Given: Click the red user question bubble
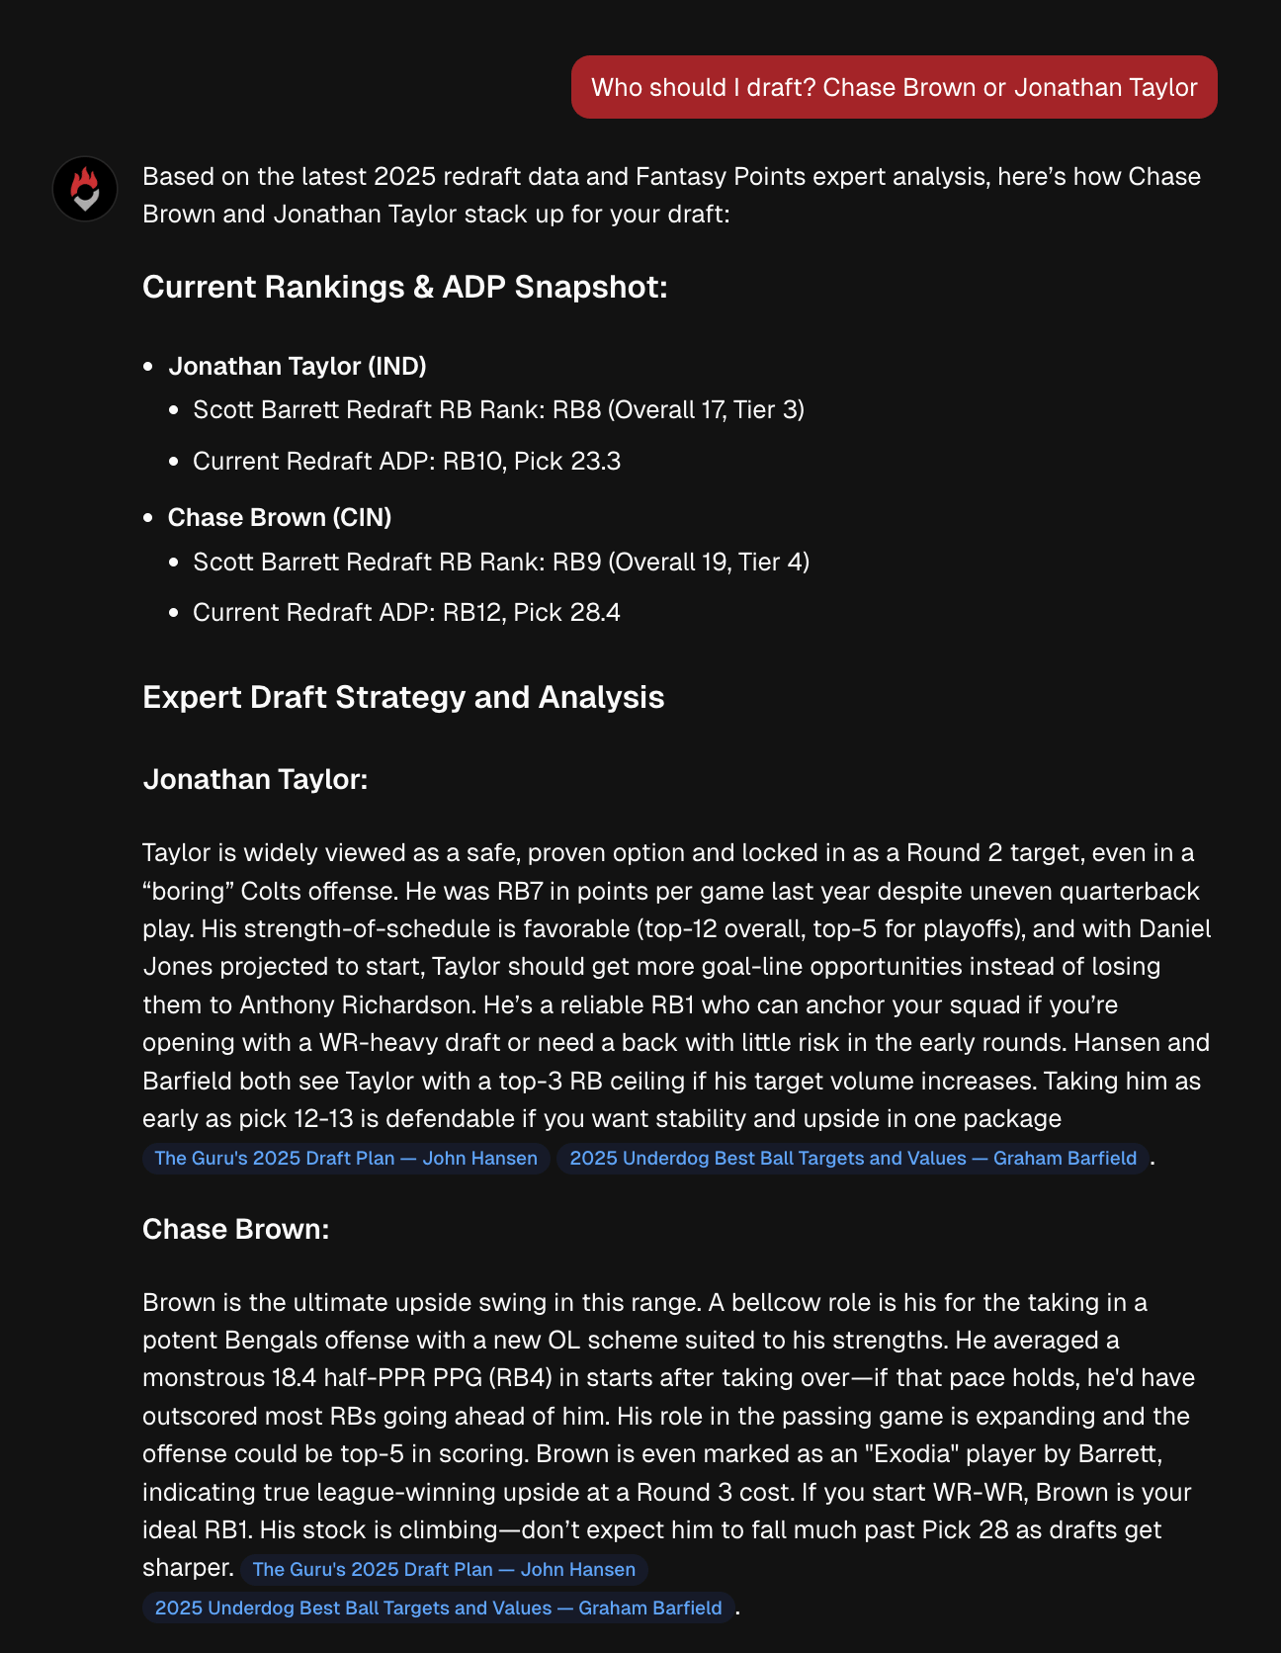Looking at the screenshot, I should pyautogui.click(x=894, y=87).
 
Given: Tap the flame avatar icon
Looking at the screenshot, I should pyautogui.click(x=85, y=188).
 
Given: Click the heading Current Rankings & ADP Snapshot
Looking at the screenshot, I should pyautogui.click(x=404, y=287).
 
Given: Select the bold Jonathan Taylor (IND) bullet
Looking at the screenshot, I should pyautogui.click(x=297, y=366).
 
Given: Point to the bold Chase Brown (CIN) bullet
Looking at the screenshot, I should pyautogui.click(x=279, y=517).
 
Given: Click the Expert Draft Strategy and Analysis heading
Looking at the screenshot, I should pyautogui.click(x=403, y=697).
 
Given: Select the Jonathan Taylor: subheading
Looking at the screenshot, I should pyautogui.click(x=255, y=779).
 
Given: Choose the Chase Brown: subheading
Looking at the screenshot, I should pyautogui.click(x=235, y=1229).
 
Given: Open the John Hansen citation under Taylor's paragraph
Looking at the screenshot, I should pyautogui.click(x=346, y=1158).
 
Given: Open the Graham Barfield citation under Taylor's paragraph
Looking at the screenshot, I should pyautogui.click(x=853, y=1158).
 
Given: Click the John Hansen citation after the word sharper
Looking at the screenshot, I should pyautogui.click(x=444, y=1569).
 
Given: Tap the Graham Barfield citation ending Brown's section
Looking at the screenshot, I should pyautogui.click(x=438, y=1608).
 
